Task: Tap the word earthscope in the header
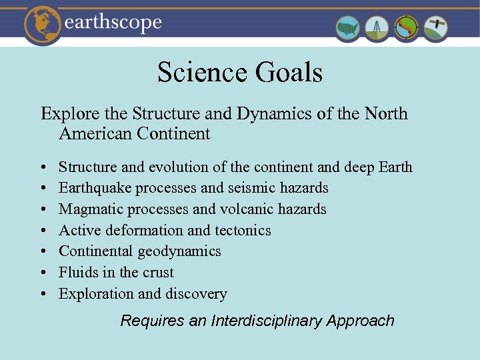point(113,23)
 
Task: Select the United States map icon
point(347,28)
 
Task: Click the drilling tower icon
point(377,28)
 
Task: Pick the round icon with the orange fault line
point(407,28)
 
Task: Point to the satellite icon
point(436,28)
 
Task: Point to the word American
point(95,133)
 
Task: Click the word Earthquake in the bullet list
point(95,188)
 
